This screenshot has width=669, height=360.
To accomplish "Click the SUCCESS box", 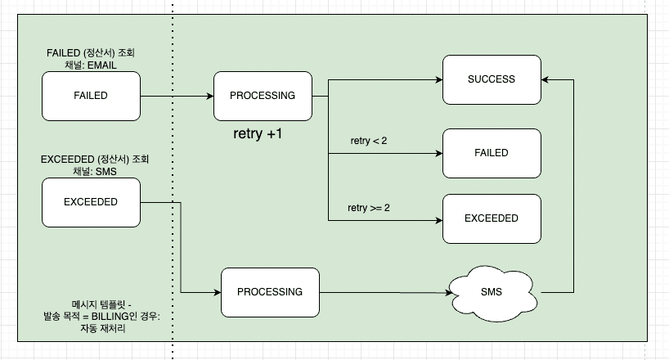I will click(492, 79).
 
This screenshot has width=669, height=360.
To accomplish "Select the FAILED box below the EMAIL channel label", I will click(91, 96).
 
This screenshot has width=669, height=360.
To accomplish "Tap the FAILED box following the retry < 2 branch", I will click(492, 153).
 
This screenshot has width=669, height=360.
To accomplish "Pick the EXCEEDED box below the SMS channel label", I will click(91, 201).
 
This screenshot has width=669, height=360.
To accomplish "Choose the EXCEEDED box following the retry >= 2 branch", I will click(492, 218).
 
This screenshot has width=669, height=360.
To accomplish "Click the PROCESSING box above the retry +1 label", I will click(263, 96).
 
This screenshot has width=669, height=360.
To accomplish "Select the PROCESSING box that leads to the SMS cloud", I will click(270, 292).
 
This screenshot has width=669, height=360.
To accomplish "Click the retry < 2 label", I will click(368, 141).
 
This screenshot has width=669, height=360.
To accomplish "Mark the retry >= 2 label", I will click(369, 208).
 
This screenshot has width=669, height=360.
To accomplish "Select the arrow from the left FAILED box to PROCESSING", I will click(176, 96).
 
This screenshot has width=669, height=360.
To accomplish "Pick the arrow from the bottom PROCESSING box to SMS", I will click(384, 292).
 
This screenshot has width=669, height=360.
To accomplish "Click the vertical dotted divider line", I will click(173, 205).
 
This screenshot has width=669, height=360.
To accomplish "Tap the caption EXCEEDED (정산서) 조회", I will click(95, 159).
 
